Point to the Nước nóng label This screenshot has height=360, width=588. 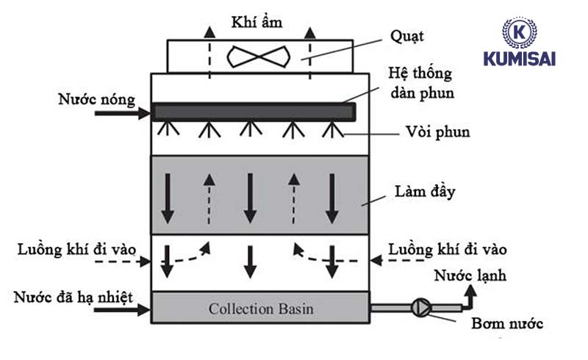[94, 96]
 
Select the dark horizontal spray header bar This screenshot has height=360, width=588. [254, 112]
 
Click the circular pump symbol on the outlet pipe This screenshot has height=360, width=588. [422, 306]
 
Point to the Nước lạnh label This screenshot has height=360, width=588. [470, 276]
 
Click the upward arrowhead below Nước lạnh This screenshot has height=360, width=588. [470, 291]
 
